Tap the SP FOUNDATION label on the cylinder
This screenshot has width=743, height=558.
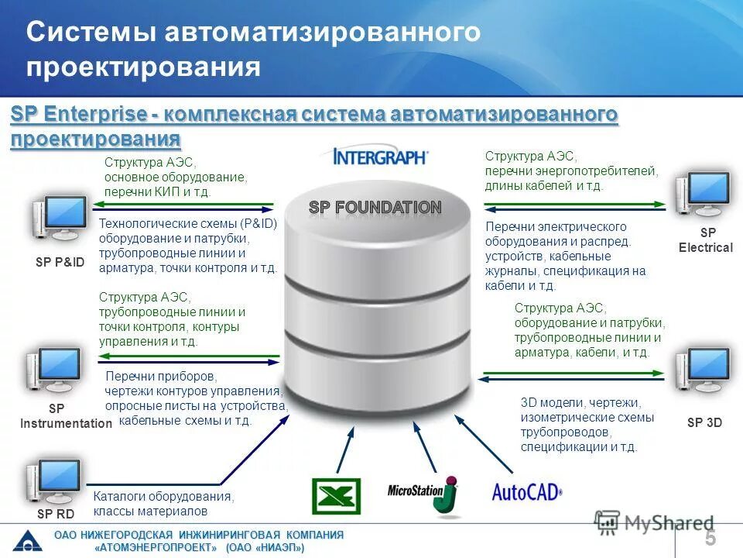375,208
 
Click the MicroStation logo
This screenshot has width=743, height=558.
423,493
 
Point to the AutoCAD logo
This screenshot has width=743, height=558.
527,491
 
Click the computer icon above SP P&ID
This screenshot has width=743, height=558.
59,219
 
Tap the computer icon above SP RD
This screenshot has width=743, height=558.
53,482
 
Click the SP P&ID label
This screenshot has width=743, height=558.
60,263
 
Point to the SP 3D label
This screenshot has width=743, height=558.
704,423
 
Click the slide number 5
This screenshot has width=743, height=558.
710,537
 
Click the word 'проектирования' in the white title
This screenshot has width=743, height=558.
143,66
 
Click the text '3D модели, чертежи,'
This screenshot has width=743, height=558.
580,403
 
